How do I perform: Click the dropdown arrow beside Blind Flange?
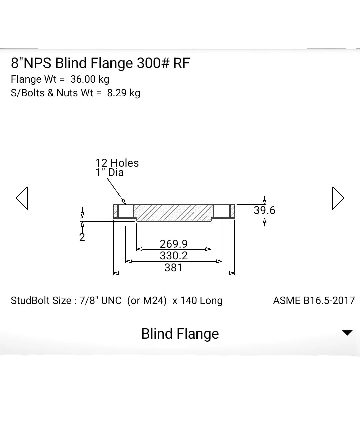coord(347,333)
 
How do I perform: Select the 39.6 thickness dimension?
coord(265,210)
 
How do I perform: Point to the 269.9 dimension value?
coord(174,244)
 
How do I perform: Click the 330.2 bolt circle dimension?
coord(174,256)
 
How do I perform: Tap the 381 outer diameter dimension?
coord(173,268)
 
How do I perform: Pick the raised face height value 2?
coord(82,237)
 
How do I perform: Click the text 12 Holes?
coord(117,163)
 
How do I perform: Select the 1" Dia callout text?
coord(110,172)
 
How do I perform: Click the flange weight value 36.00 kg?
coord(90,79)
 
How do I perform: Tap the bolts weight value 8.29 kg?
coord(124,93)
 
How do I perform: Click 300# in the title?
coord(153,63)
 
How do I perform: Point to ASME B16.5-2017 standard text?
coord(314,300)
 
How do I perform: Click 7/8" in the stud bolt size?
coord(89,300)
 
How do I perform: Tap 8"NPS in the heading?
coord(31,63)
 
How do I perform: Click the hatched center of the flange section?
coord(174,213)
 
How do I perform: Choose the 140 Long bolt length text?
coord(201,300)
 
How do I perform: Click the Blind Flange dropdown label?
coord(180,334)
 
